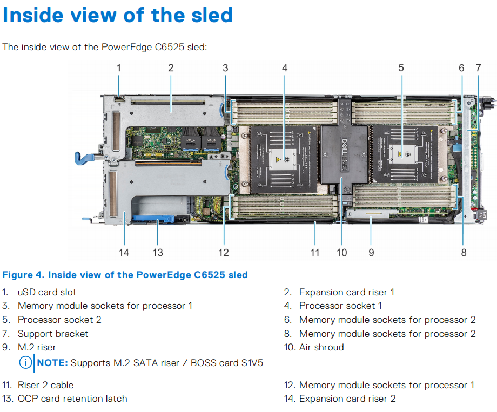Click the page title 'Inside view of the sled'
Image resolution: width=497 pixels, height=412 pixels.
tap(118, 15)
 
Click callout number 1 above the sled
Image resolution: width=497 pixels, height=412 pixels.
tap(119, 68)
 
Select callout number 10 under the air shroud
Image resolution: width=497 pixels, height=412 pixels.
tap(341, 252)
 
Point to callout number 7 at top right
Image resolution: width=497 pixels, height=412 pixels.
tap(478, 68)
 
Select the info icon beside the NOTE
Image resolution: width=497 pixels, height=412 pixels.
tap(25, 363)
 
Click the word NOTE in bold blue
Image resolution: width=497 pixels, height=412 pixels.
tap(52, 363)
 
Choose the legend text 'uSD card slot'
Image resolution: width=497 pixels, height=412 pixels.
tap(47, 292)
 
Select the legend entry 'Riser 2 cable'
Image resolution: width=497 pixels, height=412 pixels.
tap(45, 385)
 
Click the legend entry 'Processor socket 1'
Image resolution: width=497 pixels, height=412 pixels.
tap(340, 306)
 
